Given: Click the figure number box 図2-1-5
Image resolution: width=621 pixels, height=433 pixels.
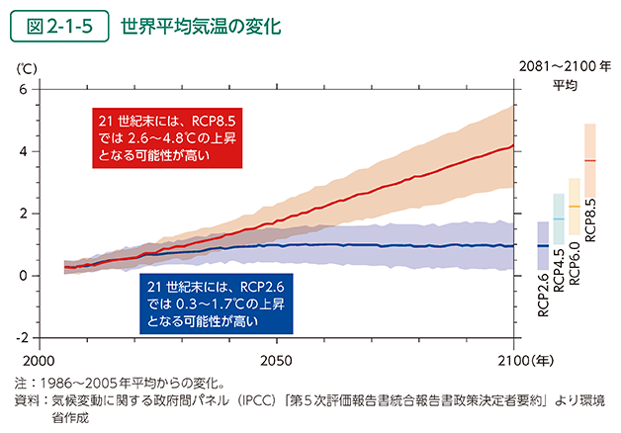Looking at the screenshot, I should pos(58,27).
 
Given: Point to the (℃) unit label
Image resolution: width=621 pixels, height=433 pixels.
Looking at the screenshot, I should pos(26,69).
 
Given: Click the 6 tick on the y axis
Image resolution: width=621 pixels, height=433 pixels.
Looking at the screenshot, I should pos(24,90).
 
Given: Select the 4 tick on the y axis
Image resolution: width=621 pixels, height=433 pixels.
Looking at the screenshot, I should pos(24,151).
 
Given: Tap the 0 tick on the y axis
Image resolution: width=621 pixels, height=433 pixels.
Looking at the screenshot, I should pos(24,275).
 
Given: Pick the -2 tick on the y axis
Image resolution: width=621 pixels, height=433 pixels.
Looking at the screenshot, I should pos(22,337).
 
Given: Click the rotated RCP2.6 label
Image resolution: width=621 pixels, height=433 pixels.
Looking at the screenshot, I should pos(543,295).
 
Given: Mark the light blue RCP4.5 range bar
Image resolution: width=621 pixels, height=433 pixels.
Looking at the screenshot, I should pos(559,218).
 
